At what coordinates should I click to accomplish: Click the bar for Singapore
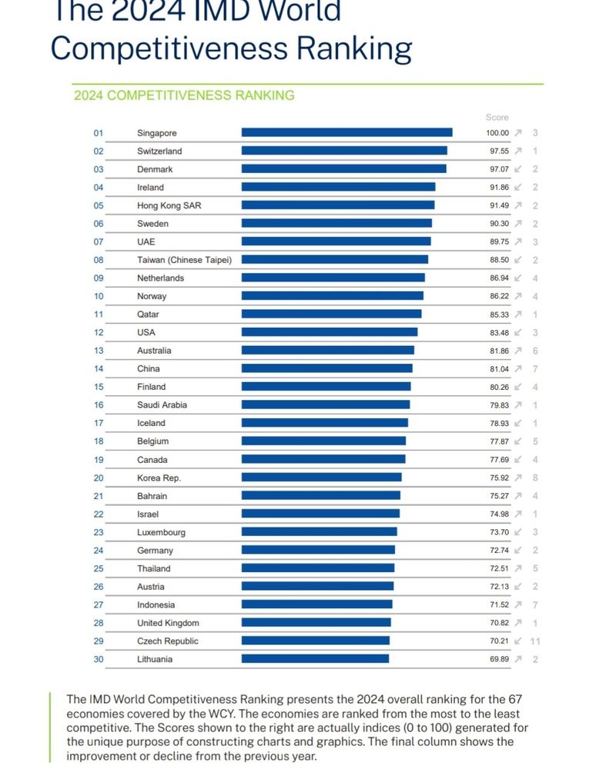point(346,133)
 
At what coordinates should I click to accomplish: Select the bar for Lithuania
point(315,659)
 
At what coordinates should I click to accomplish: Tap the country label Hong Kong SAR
point(169,205)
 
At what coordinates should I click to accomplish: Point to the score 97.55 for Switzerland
point(498,151)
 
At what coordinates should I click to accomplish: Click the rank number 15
point(99,387)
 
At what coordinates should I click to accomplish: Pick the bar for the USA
point(330,332)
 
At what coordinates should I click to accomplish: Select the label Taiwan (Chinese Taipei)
point(184,260)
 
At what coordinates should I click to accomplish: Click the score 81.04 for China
point(498,368)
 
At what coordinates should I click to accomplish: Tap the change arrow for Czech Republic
point(518,641)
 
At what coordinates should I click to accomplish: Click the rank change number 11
point(534,641)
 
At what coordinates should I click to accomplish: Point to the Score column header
point(497,118)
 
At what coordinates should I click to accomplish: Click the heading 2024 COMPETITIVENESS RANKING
point(183,95)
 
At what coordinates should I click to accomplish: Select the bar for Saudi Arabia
point(326,404)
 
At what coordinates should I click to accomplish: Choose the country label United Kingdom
point(168,623)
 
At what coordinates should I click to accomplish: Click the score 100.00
point(497,133)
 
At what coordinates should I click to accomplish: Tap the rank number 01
point(99,133)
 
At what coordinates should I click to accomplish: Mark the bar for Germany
point(318,550)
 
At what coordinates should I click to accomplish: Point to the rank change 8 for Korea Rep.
point(534,478)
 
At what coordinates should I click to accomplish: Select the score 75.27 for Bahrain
point(498,496)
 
